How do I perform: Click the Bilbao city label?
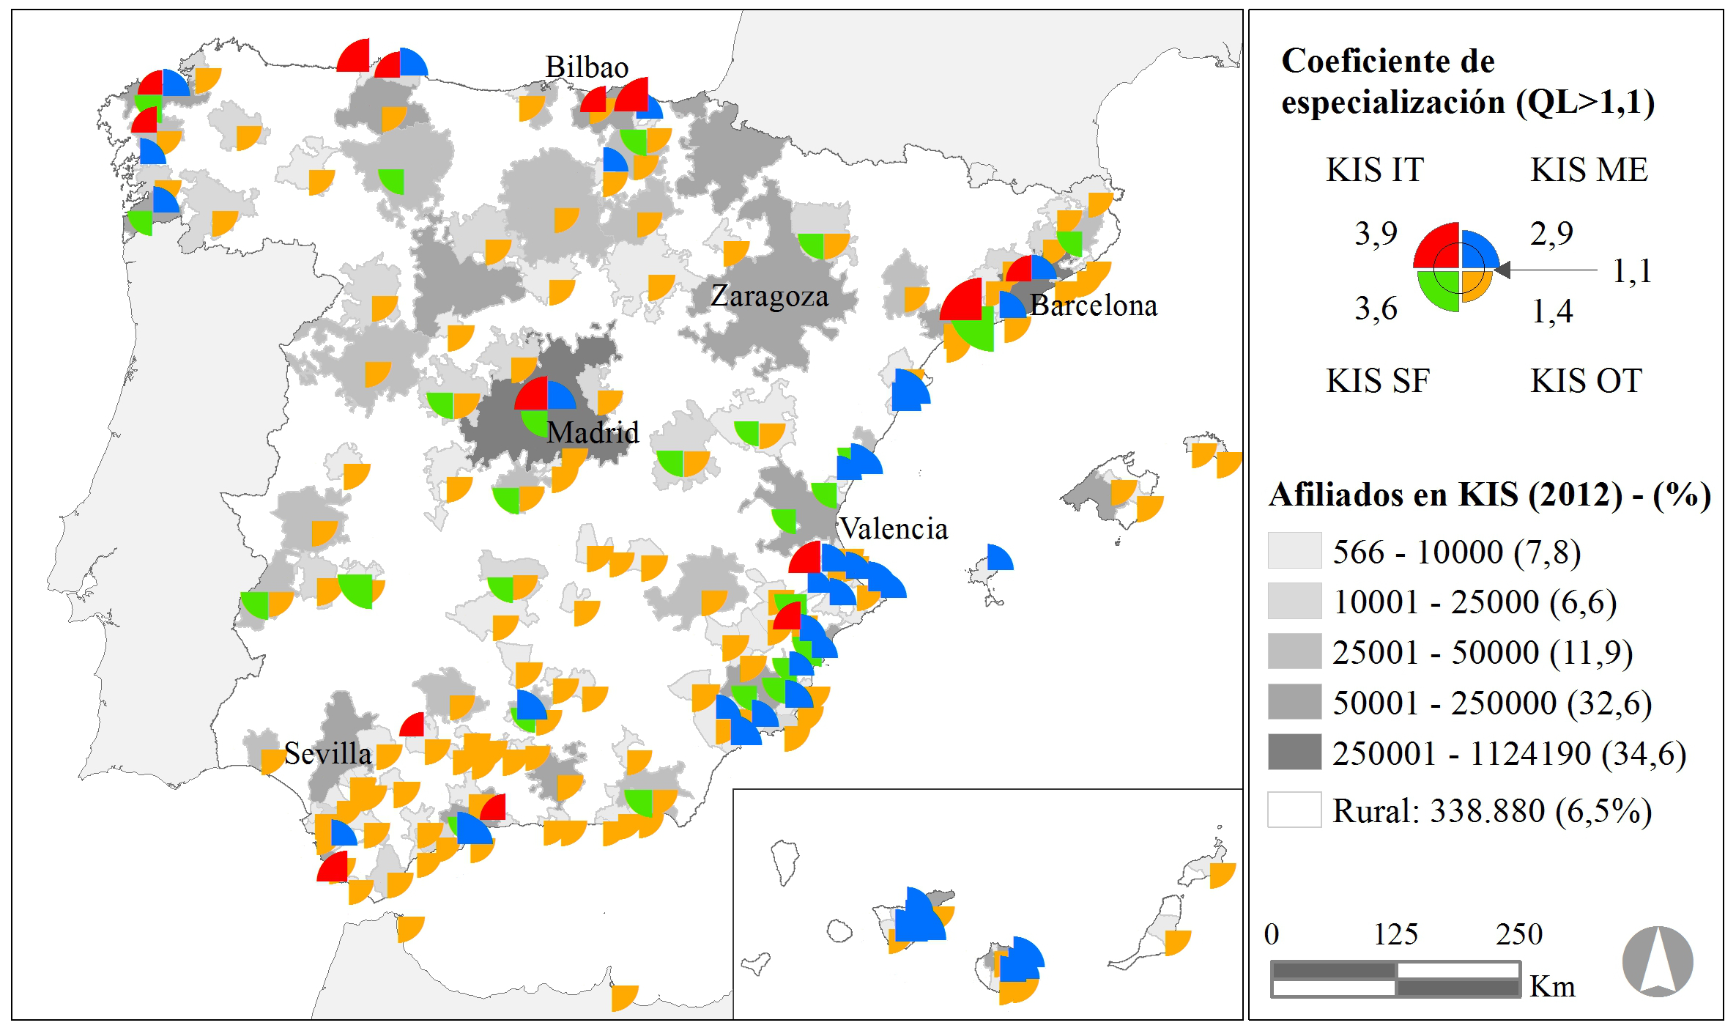point(587,67)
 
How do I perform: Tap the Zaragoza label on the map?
point(769,297)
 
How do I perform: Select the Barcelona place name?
point(1094,306)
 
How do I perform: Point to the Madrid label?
point(593,432)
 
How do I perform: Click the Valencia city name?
point(893,528)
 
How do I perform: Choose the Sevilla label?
point(327,753)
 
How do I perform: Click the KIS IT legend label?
point(1375,170)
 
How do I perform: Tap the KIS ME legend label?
point(1589,170)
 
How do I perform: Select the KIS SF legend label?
point(1377,381)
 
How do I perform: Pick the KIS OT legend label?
point(1586,381)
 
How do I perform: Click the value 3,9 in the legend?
point(1376,234)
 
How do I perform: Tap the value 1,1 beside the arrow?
point(1632,271)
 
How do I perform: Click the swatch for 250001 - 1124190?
point(1294,752)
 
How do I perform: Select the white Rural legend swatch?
point(1294,810)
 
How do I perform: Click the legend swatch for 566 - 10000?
point(1294,550)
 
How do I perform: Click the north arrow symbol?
point(1657,961)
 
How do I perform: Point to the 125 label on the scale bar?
point(1395,934)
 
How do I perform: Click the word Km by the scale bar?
point(1552,986)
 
